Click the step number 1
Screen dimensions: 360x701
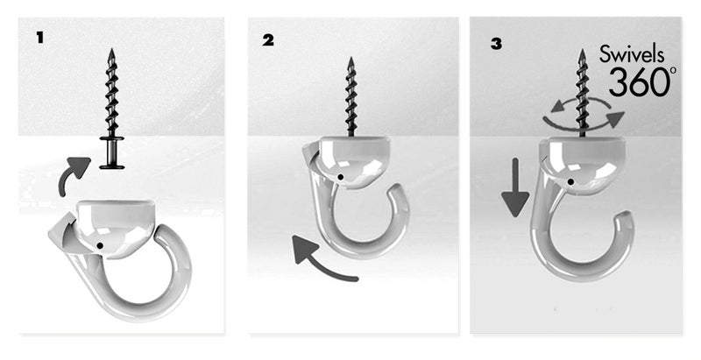click(x=39, y=38)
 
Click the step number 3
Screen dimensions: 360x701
click(x=496, y=41)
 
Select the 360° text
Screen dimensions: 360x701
click(x=642, y=83)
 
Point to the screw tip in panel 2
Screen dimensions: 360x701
click(x=350, y=61)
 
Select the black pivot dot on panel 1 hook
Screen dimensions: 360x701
click(x=103, y=244)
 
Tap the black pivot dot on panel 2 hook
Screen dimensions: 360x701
click(x=339, y=177)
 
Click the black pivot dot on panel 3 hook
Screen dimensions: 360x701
click(x=570, y=181)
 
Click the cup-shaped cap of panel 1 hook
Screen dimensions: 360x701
click(x=117, y=219)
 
